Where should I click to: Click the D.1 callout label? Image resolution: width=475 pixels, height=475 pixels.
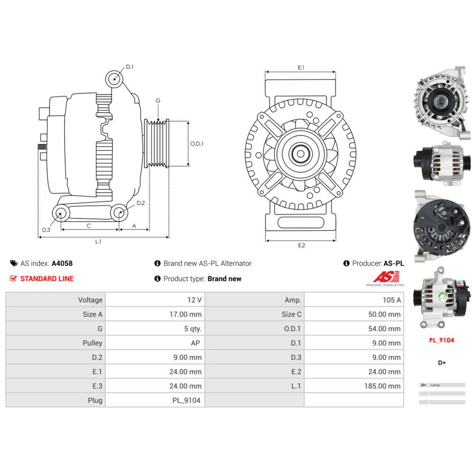[x=130, y=67]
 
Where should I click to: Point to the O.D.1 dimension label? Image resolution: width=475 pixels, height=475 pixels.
[x=197, y=143]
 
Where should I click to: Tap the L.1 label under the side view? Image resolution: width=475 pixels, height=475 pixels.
[x=98, y=242]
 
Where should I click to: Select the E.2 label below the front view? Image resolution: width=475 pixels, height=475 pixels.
[x=301, y=245]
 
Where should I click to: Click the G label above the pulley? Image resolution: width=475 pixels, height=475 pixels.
[x=158, y=101]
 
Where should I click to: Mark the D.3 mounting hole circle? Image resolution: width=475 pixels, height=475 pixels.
[x=60, y=213]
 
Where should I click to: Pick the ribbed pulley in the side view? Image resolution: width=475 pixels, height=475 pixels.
[x=156, y=143]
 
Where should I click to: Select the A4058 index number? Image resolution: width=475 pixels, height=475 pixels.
[x=62, y=263]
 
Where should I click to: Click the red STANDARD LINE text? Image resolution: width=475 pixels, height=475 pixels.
[x=47, y=279]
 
